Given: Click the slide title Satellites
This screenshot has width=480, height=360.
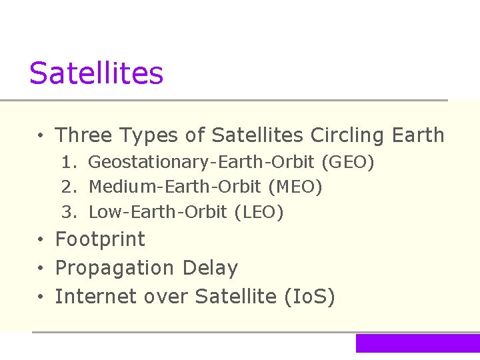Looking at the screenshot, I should pyautogui.click(x=96, y=73).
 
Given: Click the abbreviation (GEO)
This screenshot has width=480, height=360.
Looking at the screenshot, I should pyautogui.click(x=348, y=162).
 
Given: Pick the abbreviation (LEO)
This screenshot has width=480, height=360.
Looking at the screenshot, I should pyautogui.click(x=259, y=213).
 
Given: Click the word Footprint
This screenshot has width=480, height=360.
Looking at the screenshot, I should pyautogui.click(x=100, y=239).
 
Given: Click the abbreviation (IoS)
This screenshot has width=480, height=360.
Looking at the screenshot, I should pyautogui.click(x=309, y=297).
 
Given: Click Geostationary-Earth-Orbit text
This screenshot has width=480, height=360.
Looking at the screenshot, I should pyautogui.click(x=202, y=162).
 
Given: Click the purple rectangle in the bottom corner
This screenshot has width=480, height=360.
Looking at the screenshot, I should pyautogui.click(x=417, y=343).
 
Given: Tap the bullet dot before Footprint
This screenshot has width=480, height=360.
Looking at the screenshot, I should pyautogui.click(x=41, y=240).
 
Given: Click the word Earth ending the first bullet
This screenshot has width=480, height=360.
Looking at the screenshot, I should pyautogui.click(x=417, y=135).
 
